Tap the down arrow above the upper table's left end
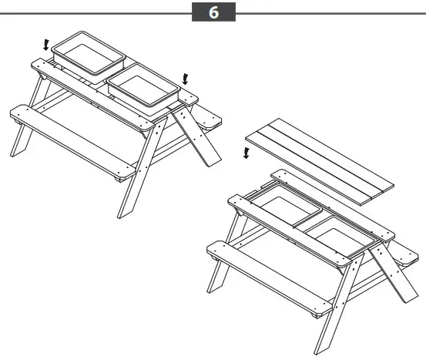tap(45, 45)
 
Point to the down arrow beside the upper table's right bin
tap(184, 77)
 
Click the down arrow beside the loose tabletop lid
tap(246, 153)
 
